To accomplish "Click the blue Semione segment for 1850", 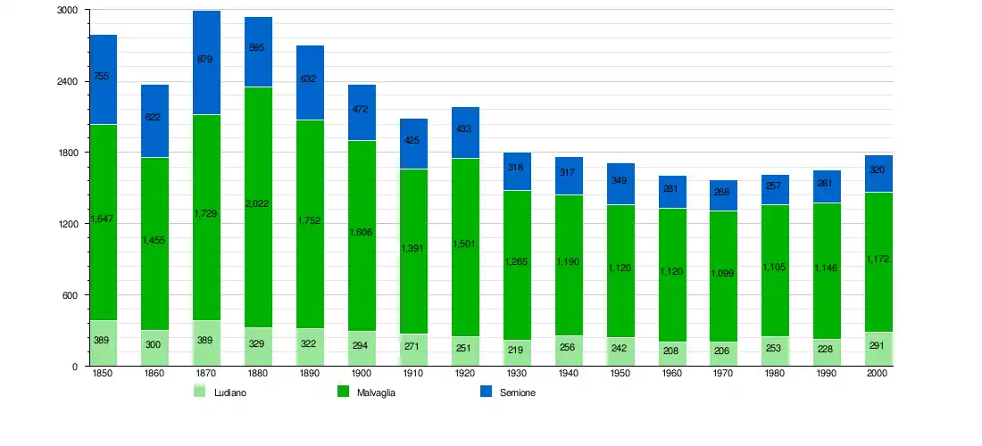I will pyautogui.click(x=103, y=79).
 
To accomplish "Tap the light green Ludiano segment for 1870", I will pyautogui.click(x=206, y=343).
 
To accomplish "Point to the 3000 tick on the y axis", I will pyautogui.click(x=68, y=10).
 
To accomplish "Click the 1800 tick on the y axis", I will pyautogui.click(x=68, y=153).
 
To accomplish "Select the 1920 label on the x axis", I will pyautogui.click(x=465, y=375).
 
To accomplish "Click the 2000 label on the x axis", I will pyautogui.click(x=879, y=375).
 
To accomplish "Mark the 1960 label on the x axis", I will pyautogui.click(x=672, y=375).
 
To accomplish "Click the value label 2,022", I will pyautogui.click(x=258, y=203).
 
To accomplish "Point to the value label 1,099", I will pyautogui.click(x=724, y=273).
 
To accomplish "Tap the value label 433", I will pyautogui.click(x=465, y=128).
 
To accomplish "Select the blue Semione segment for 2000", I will pyautogui.click(x=879, y=174).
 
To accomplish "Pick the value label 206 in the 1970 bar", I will pyautogui.click(x=724, y=351).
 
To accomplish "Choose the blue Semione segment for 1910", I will pyautogui.click(x=413, y=144).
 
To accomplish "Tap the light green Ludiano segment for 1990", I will pyautogui.click(x=828, y=352).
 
